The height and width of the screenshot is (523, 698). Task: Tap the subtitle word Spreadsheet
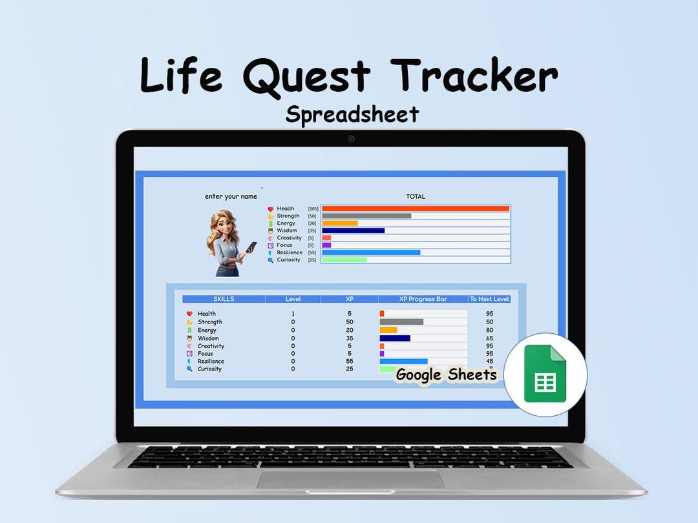(x=352, y=114)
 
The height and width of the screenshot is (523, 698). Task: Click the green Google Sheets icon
(x=545, y=374)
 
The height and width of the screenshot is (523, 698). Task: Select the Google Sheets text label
(x=446, y=374)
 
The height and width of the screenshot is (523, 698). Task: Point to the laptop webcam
(x=351, y=138)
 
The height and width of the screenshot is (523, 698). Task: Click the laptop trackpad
(x=350, y=479)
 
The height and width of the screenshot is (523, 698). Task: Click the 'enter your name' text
(x=231, y=196)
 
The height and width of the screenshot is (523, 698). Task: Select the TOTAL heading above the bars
(x=416, y=196)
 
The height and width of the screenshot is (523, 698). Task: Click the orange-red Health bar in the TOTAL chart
(x=416, y=209)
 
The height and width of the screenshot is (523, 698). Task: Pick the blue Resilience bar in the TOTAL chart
(x=371, y=252)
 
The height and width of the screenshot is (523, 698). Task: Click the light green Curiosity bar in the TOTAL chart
(x=344, y=260)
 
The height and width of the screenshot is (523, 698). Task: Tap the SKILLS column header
(x=224, y=299)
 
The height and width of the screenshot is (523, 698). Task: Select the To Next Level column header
(x=489, y=299)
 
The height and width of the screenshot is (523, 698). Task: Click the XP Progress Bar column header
(x=423, y=299)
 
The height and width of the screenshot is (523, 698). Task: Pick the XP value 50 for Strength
(x=350, y=322)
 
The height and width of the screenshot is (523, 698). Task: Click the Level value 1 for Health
(x=293, y=314)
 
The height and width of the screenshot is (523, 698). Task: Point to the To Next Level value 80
(x=489, y=330)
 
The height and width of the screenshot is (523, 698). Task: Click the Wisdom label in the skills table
(x=208, y=338)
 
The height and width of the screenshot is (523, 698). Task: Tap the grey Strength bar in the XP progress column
(x=401, y=322)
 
